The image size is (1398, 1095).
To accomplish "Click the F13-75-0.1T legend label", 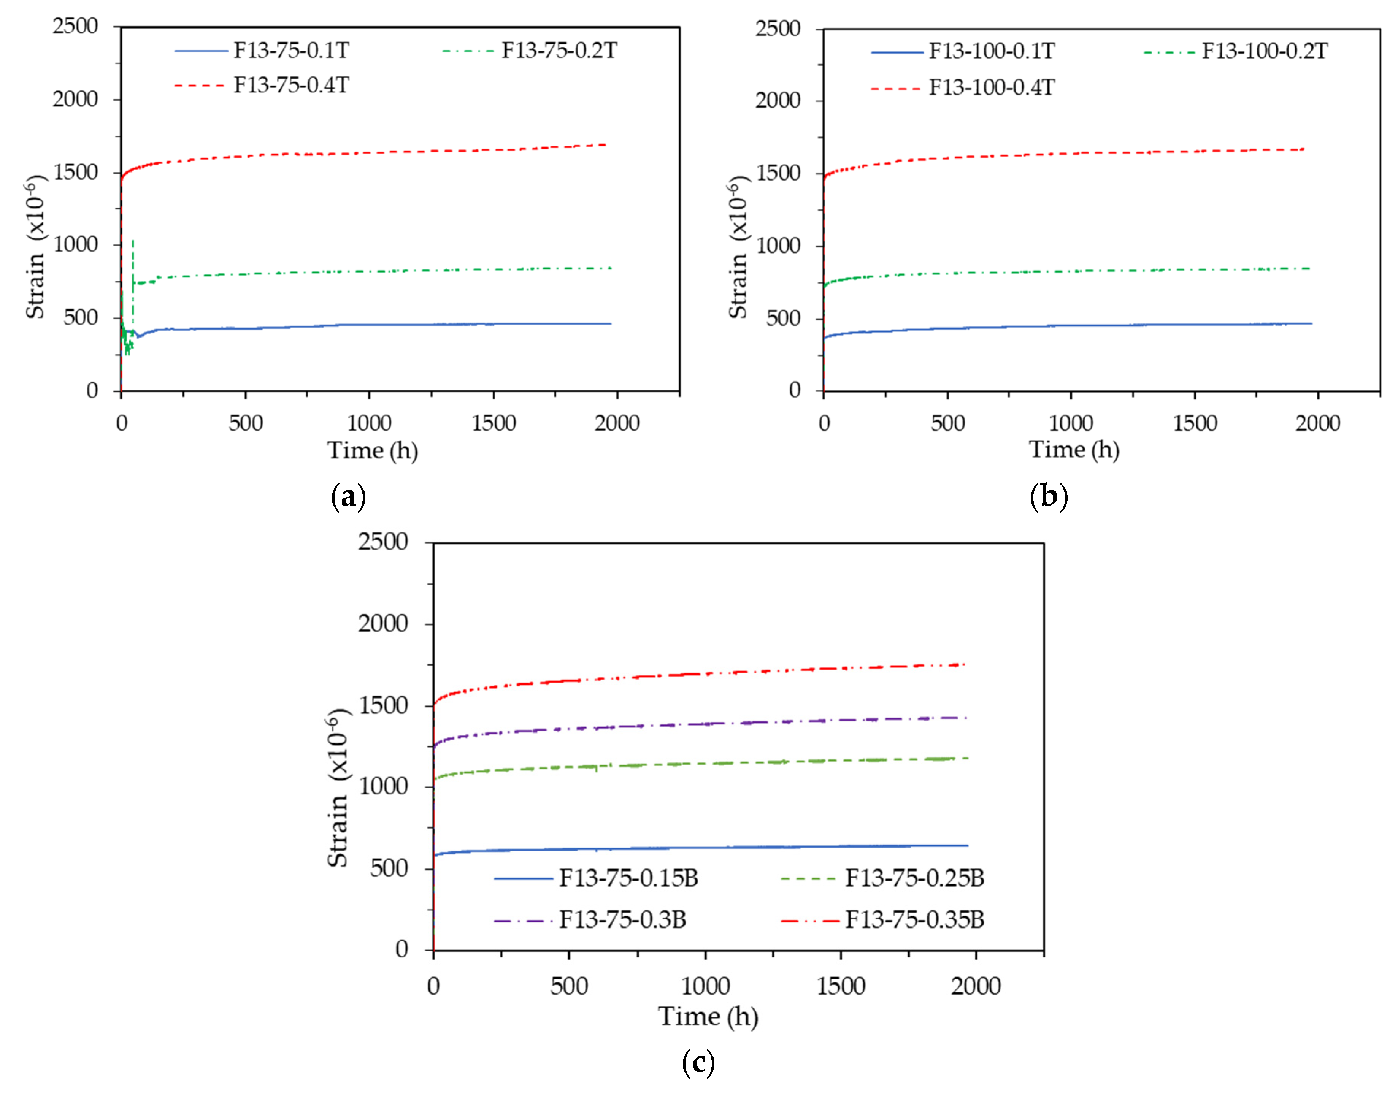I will click(291, 50).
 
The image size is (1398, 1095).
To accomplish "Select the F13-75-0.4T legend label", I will click(291, 85).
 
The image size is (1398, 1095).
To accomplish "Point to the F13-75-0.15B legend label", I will click(628, 878).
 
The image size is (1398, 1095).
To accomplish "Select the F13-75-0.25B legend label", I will click(914, 878).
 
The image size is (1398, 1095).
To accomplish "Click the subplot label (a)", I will click(348, 496).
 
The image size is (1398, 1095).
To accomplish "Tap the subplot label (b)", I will click(1049, 496).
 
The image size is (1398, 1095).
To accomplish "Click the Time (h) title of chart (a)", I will click(373, 451).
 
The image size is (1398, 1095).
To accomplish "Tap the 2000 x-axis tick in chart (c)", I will click(975, 986).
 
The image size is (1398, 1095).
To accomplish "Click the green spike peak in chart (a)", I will click(133, 241).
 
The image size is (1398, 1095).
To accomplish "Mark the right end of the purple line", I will click(966, 717).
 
